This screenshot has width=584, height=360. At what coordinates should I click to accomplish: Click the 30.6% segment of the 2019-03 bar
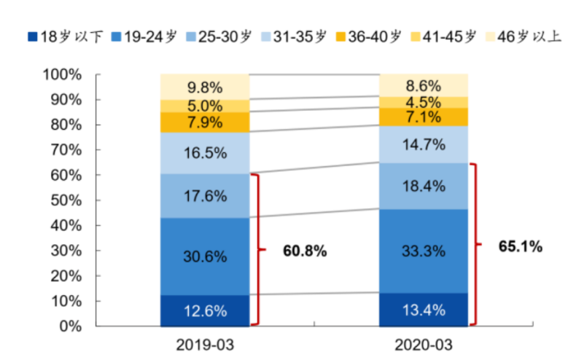(205, 257)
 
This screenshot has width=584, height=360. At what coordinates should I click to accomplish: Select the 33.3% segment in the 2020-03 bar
(424, 251)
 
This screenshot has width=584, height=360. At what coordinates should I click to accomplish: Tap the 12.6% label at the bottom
(205, 311)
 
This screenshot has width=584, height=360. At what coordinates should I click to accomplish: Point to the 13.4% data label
(424, 310)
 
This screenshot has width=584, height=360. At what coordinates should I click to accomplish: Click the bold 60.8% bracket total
(305, 251)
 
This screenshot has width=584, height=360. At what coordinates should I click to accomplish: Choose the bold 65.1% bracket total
(521, 246)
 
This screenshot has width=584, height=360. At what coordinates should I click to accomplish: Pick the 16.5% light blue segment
(205, 154)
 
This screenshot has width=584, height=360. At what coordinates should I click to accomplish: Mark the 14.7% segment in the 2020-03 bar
(424, 144)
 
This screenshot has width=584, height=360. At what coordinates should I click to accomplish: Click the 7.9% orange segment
(205, 122)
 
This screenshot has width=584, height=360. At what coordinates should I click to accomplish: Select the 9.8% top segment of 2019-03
(205, 87)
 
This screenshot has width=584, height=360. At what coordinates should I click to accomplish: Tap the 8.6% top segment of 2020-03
(424, 85)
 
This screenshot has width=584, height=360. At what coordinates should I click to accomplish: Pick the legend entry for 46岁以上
(523, 36)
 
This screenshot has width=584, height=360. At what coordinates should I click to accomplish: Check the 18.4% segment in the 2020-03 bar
(424, 186)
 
